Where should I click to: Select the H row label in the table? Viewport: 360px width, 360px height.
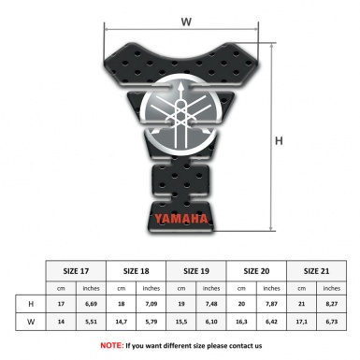coord(33,304)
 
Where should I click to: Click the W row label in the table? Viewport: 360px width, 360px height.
coord(33,321)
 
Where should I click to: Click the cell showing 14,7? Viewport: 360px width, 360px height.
coord(122,321)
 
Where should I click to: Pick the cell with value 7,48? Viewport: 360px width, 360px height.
coord(213,304)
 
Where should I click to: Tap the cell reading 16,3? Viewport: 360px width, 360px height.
coord(243,321)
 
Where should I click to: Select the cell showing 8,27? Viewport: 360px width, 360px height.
coord(333,304)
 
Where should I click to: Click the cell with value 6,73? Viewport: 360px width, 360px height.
coord(333,321)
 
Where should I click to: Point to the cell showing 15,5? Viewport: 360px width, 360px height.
coord(183,321)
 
